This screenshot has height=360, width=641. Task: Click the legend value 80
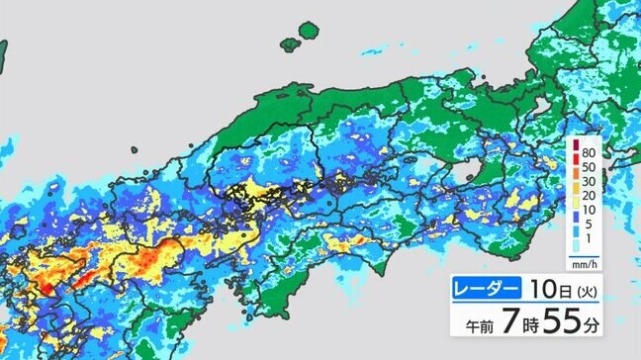(588, 153)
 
